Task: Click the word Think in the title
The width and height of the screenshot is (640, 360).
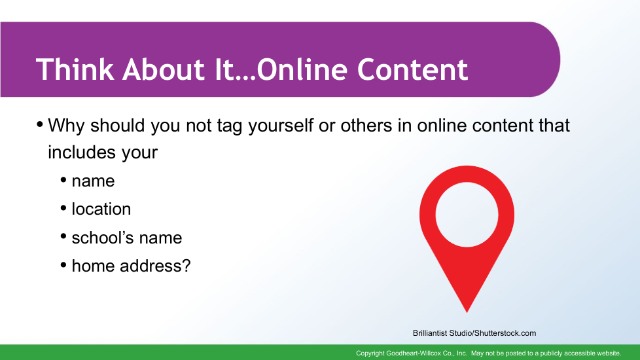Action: click(75, 69)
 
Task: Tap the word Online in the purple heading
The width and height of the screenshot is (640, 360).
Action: click(302, 69)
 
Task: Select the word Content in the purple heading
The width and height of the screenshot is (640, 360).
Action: click(413, 69)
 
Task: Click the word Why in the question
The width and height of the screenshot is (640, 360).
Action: click(66, 126)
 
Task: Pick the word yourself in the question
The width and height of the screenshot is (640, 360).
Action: click(281, 126)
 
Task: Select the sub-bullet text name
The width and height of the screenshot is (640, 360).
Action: click(93, 181)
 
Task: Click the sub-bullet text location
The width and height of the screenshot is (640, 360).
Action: click(101, 209)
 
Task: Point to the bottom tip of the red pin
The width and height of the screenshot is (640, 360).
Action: click(467, 312)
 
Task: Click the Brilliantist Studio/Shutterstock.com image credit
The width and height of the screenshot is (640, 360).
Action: click(474, 333)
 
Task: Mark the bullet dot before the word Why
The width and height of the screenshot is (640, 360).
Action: click(40, 124)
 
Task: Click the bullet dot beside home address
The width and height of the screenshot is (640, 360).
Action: click(63, 265)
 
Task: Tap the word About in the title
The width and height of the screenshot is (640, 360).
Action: click(163, 69)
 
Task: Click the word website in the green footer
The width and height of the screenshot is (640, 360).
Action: click(608, 353)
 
